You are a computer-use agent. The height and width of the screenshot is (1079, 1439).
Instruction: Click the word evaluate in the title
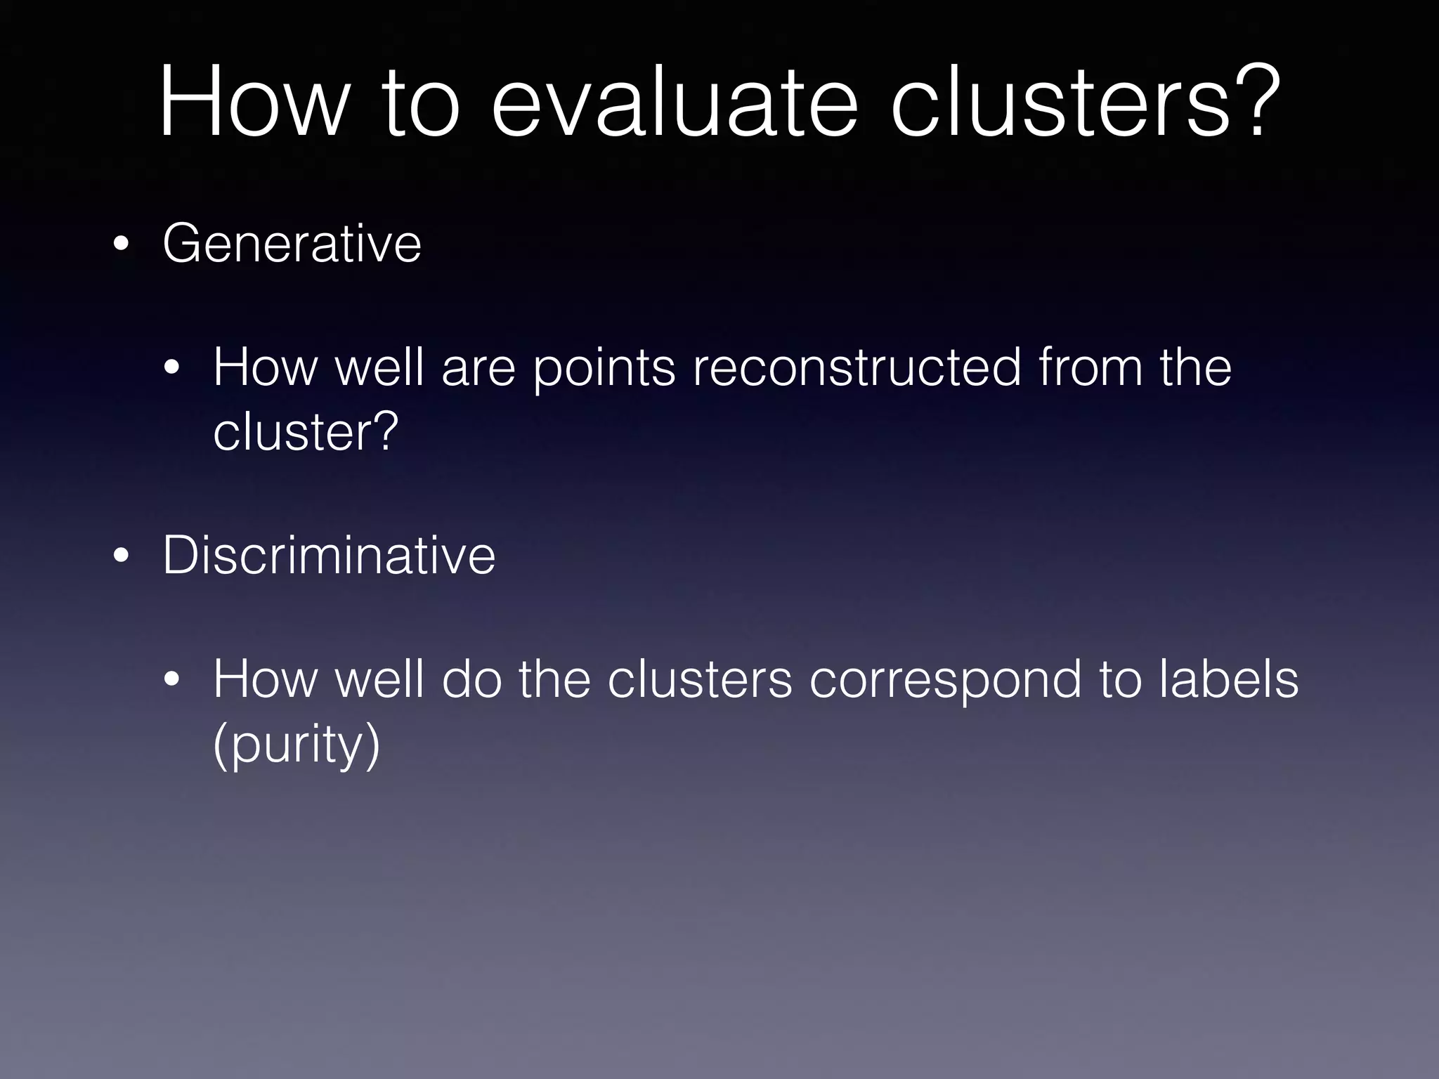coord(675,103)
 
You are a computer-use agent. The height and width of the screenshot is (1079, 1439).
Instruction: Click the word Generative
coord(292,243)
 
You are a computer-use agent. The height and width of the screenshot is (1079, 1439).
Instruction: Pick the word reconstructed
coord(857,367)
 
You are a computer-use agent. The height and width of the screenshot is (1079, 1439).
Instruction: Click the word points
coord(604,369)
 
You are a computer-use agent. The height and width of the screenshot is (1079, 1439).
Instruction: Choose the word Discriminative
coord(329,555)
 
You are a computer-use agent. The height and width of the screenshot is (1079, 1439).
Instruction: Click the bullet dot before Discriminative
coord(121,556)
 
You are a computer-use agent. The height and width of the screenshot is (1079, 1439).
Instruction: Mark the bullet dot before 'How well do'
coord(172,681)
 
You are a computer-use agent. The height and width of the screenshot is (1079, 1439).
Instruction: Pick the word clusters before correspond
coord(699,679)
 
